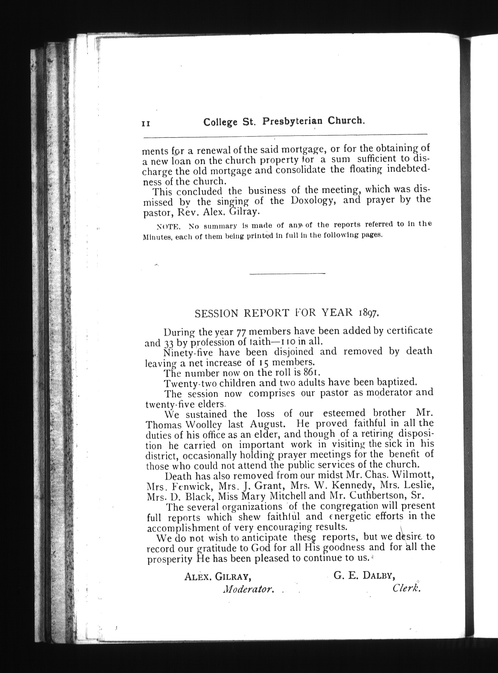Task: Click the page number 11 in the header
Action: tap(146, 124)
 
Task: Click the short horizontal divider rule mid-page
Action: tap(288, 273)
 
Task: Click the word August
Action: tap(267, 424)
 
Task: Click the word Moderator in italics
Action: tap(248, 589)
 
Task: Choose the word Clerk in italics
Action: tap(406, 588)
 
